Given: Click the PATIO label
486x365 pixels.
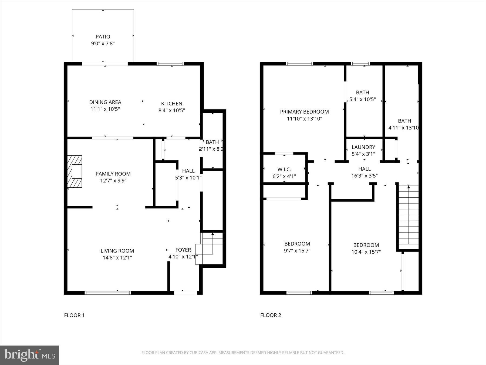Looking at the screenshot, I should (x=103, y=36).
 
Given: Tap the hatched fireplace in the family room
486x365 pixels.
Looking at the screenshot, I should (x=75, y=171).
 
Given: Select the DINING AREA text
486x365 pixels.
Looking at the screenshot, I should (x=105, y=102).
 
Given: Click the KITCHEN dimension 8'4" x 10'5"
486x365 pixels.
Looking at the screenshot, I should (x=171, y=110).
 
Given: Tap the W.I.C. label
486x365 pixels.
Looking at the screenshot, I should (x=284, y=170).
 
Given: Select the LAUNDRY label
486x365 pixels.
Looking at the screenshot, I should (x=363, y=147).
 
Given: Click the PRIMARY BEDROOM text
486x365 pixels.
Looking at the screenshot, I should (x=304, y=112).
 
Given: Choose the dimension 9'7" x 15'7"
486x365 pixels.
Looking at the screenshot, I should (x=297, y=251).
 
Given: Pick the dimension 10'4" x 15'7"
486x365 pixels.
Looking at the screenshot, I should (x=366, y=252).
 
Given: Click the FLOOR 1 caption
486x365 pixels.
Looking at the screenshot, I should (x=74, y=315).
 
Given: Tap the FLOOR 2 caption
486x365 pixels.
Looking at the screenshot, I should (x=271, y=315).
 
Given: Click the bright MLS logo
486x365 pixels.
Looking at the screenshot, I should (x=29, y=355).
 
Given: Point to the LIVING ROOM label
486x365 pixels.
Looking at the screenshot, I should (x=117, y=251).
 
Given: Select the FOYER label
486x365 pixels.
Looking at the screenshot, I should (x=183, y=250).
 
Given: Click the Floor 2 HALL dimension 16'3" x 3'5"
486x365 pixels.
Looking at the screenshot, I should (x=364, y=176).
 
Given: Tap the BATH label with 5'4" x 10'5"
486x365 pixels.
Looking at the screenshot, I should (x=362, y=92).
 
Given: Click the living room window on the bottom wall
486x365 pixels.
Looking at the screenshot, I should (x=108, y=293).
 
